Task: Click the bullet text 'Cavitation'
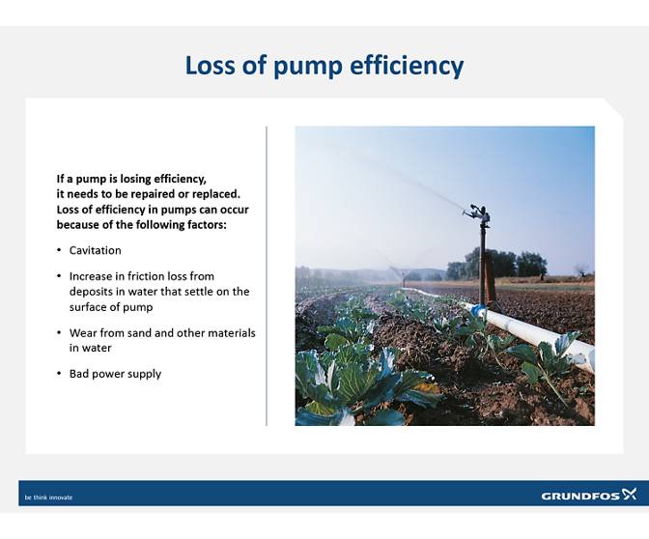click(x=95, y=250)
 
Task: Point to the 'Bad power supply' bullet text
click(x=115, y=374)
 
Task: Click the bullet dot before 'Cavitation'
click(x=60, y=251)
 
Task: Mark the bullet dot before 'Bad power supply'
click(x=60, y=374)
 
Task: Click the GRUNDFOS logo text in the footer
click(x=579, y=496)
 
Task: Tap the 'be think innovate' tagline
click(x=49, y=497)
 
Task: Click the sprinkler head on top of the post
click(x=478, y=213)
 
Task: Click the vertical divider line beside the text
click(x=267, y=275)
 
